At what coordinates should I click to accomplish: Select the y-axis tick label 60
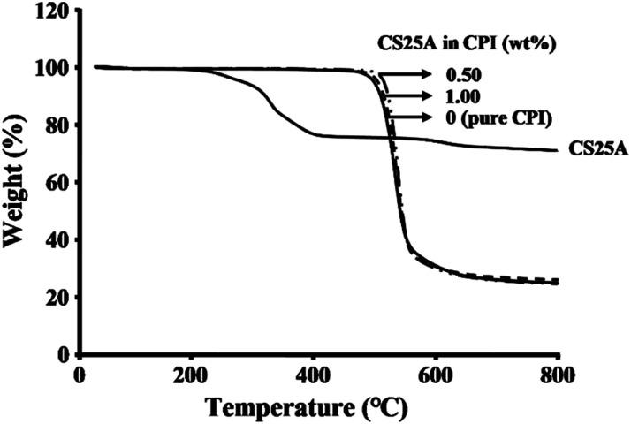tap(58, 183)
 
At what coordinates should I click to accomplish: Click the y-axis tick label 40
tap(58, 240)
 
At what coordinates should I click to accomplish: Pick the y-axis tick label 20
tap(58, 298)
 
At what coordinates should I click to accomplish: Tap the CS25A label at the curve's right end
tap(597, 150)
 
